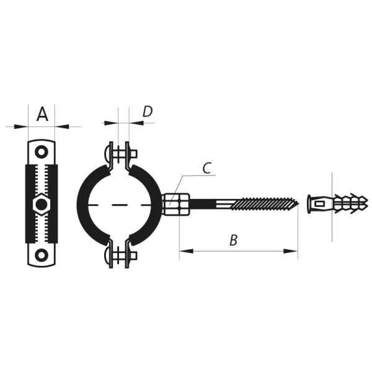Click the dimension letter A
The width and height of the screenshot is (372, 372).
coord(42,114)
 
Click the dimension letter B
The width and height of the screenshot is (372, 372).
coord(234,241)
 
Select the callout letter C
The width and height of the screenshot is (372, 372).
coord(207,167)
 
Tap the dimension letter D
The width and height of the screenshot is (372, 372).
coord(148,112)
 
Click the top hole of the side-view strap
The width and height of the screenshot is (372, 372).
coord(41,151)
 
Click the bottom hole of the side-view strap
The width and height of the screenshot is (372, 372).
coord(41,254)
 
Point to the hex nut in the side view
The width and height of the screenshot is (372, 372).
coord(41,203)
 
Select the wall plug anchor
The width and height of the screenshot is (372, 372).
coord(337,201)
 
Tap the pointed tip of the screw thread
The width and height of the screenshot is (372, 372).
coord(298,202)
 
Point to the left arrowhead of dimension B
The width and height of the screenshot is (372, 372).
coord(183,250)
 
